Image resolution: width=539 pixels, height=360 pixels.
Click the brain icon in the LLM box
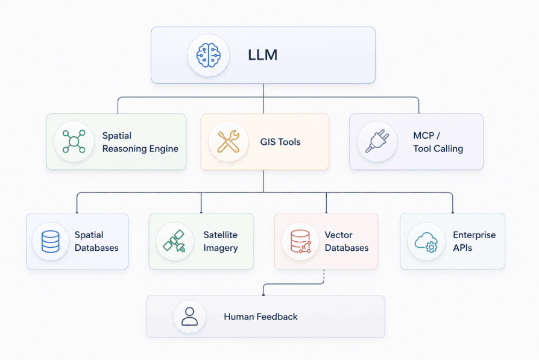pyautogui.click(x=209, y=55)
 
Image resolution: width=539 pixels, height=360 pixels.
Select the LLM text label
pyautogui.click(x=263, y=55)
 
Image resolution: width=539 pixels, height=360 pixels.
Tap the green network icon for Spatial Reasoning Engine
pyautogui.click(x=74, y=141)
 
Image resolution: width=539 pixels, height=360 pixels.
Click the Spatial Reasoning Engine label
pyautogui.click(x=140, y=142)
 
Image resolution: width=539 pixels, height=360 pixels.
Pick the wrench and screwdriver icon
pyautogui.click(x=229, y=141)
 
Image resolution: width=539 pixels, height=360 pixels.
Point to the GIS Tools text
pyautogui.click(x=280, y=142)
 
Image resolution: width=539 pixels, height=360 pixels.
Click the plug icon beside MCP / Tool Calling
pyautogui.click(x=377, y=141)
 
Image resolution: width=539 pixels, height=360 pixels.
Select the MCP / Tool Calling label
pyautogui.click(x=438, y=142)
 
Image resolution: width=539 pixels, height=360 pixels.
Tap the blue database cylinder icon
pyautogui.click(x=51, y=241)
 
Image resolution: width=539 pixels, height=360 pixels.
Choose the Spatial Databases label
pyautogui.click(x=96, y=241)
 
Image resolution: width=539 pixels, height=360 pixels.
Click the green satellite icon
pyautogui.click(x=175, y=241)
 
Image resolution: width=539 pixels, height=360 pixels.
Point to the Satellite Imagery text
pyautogui.click(x=221, y=241)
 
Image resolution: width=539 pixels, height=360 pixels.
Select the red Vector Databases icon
pyautogui.click(x=301, y=241)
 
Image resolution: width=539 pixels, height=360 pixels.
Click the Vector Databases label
pyautogui.click(x=347, y=241)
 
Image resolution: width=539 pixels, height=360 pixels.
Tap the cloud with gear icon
pyautogui.click(x=426, y=242)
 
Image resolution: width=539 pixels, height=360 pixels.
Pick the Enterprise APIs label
pyautogui.click(x=474, y=241)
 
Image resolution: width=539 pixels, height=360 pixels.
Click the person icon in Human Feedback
pyautogui.click(x=190, y=317)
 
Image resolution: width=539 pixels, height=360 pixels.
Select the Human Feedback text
pyautogui.click(x=260, y=317)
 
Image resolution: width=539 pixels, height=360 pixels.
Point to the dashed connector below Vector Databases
pyautogui.click(x=324, y=276)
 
